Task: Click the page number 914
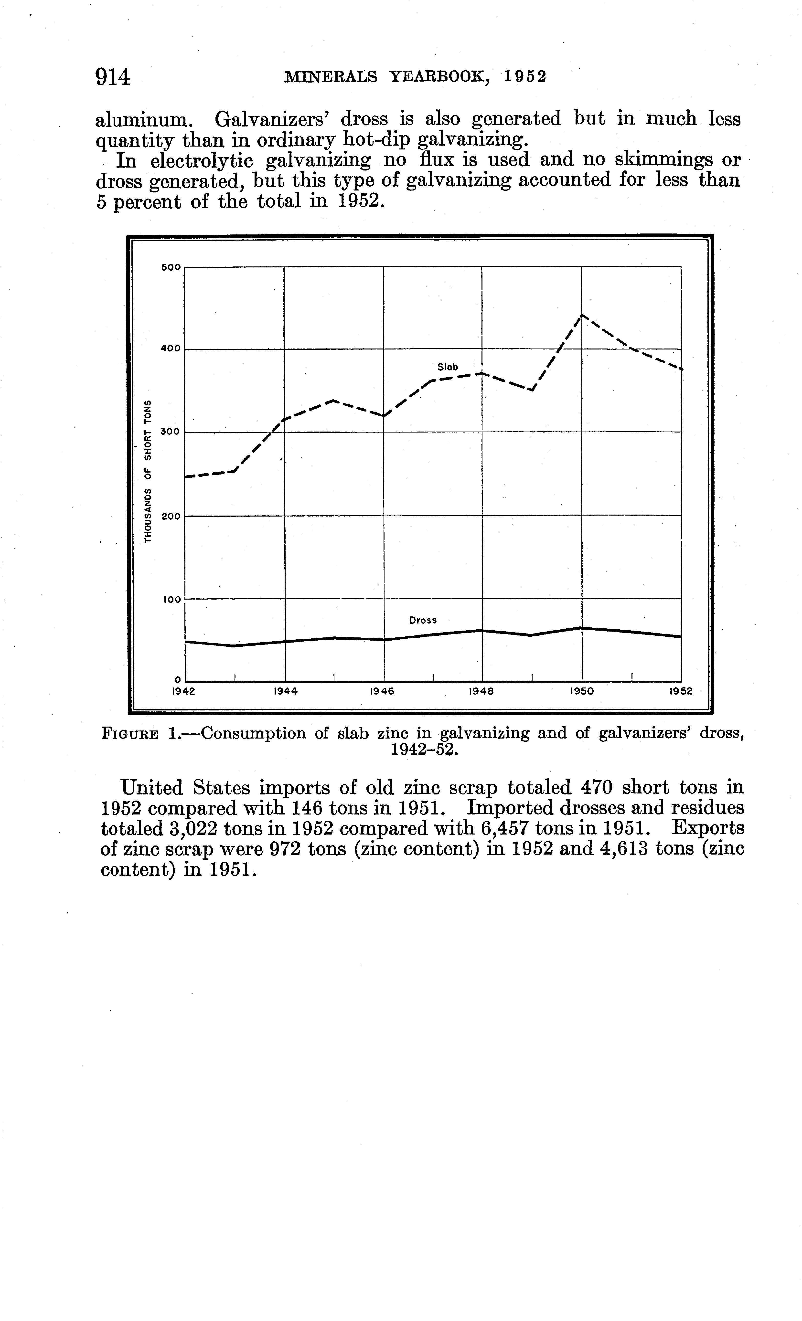coord(113,77)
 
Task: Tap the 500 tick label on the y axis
coord(171,267)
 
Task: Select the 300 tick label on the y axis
coord(171,432)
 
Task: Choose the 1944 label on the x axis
coord(285,691)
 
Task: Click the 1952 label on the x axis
coord(681,691)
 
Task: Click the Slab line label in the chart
coord(448,367)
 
